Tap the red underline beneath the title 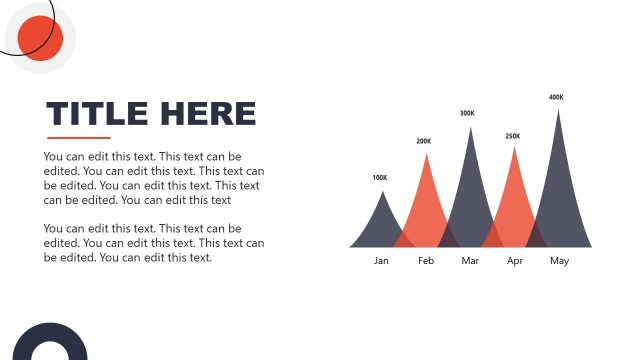click(x=78, y=137)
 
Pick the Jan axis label click(x=381, y=261)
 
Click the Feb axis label click(x=426, y=261)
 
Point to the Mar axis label click(x=471, y=261)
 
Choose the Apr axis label click(x=515, y=261)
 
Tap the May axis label click(x=559, y=261)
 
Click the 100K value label click(x=379, y=178)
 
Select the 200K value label click(x=424, y=141)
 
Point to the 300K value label click(x=467, y=113)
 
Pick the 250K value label click(x=513, y=136)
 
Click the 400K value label click(x=556, y=97)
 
